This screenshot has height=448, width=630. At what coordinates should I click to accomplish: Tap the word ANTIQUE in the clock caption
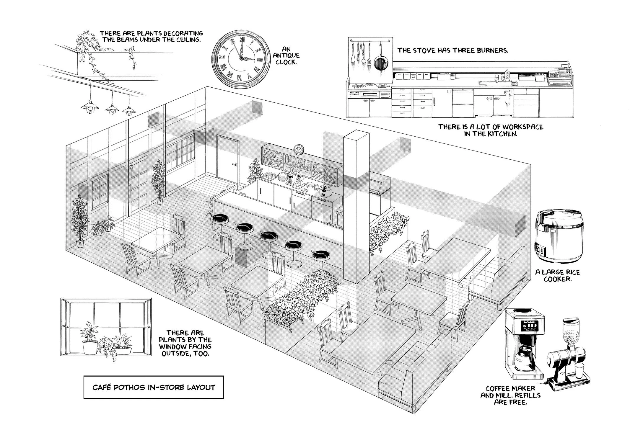pos(286,56)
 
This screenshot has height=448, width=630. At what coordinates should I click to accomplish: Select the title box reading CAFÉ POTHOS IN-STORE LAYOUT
pos(154,387)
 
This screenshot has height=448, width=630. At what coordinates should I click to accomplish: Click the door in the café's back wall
pos(228,160)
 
